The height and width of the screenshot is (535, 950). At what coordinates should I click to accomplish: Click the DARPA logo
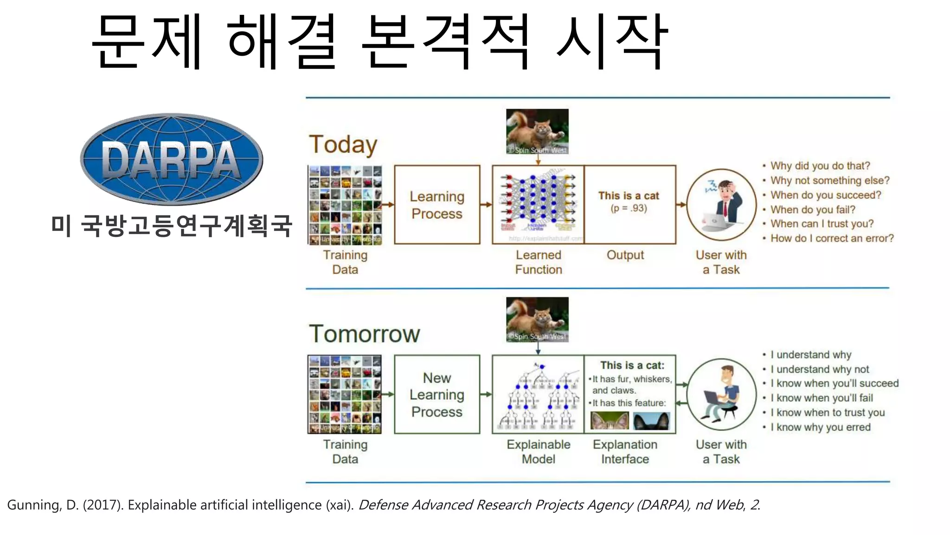pos(171,159)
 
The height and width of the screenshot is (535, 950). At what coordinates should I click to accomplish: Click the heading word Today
pos(343,144)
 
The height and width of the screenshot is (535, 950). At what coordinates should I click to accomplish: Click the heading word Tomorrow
pos(364,334)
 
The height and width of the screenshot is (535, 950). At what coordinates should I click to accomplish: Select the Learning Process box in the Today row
pos(437,205)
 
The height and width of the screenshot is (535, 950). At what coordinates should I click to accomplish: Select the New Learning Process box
pos(437,395)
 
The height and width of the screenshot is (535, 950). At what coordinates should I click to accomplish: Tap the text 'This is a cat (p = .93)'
pos(629,202)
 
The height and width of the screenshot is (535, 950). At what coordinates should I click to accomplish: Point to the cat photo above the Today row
pos(537,131)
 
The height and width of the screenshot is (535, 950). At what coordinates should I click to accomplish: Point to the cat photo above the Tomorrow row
pos(537,320)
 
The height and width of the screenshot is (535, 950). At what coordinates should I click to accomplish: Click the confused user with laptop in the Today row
pos(722,205)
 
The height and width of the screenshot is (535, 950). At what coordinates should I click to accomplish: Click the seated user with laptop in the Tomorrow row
pos(722,394)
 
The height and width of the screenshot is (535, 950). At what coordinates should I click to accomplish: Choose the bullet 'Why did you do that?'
pos(820,166)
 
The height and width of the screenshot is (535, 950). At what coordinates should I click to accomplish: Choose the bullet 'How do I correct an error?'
pos(832,238)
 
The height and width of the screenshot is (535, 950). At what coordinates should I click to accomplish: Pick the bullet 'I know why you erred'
pos(820,427)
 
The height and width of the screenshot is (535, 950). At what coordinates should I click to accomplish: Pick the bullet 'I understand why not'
pos(820,369)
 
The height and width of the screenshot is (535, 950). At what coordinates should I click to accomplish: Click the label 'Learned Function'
pos(539,262)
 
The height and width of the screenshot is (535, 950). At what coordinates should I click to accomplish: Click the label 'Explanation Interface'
pos(625,452)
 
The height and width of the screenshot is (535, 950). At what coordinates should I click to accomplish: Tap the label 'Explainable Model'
pos(539,452)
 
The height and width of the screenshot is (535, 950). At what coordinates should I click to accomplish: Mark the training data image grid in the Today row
pos(345,205)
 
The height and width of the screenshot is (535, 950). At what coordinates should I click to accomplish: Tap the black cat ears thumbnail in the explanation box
pos(652,421)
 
